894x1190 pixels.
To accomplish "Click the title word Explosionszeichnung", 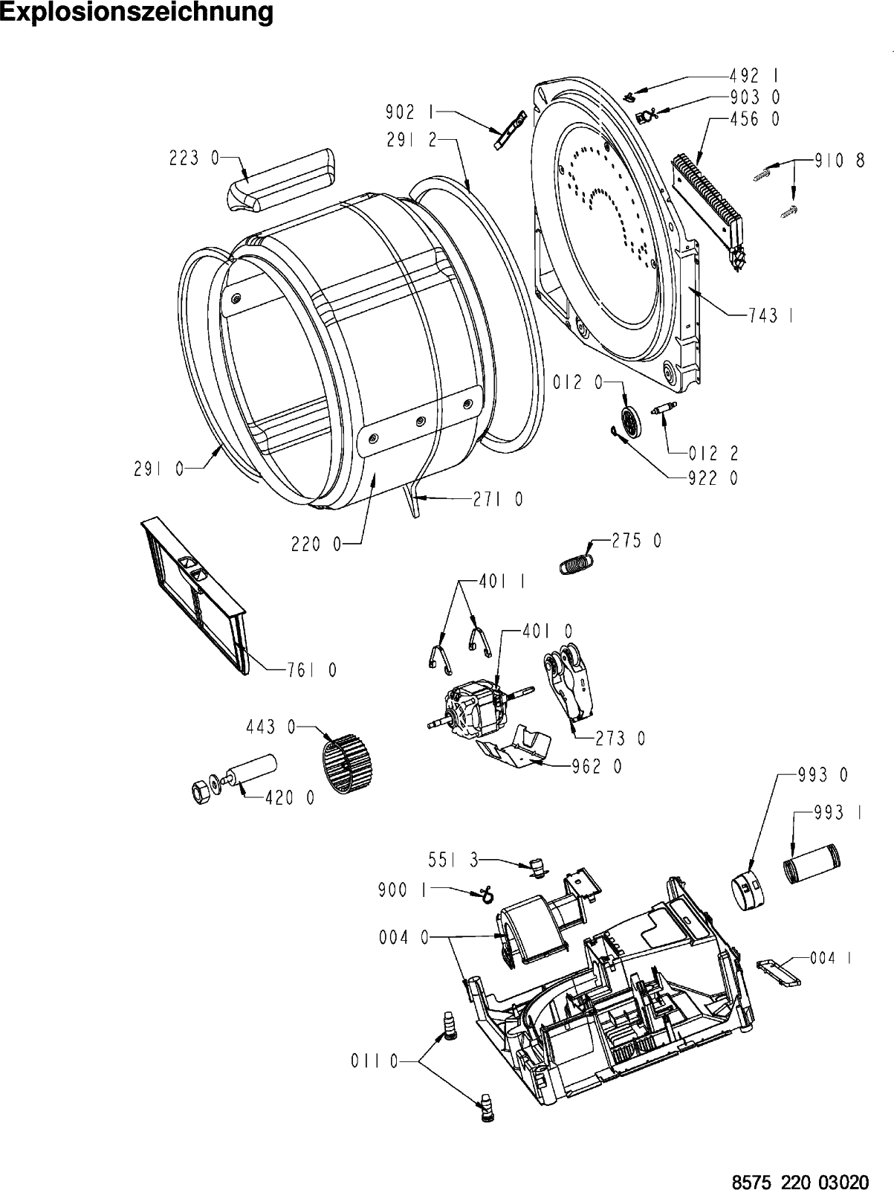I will pyautogui.click(x=137, y=13).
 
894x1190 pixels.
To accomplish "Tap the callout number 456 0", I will pyautogui.click(x=755, y=119).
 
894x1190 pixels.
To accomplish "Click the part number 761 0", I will pyautogui.click(x=311, y=671).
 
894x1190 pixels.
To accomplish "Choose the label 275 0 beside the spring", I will pyautogui.click(x=636, y=541).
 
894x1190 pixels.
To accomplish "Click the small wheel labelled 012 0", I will pyautogui.click(x=631, y=425).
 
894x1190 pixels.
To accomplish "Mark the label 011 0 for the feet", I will pyautogui.click(x=375, y=1063).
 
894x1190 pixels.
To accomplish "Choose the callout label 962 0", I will pyautogui.click(x=597, y=766).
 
